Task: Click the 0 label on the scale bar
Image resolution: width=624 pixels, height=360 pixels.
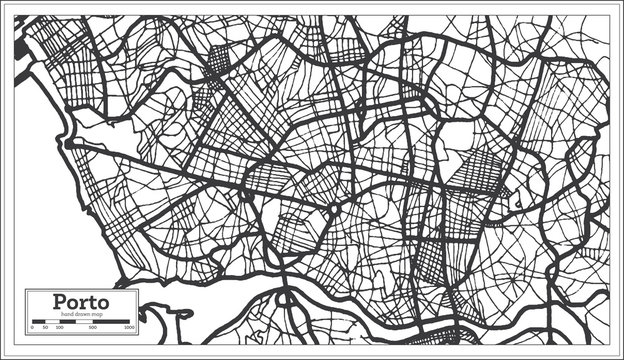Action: click(32, 328)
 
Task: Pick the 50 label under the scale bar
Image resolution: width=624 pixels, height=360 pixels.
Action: click(46, 328)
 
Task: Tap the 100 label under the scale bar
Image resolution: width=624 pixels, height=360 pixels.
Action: click(59, 328)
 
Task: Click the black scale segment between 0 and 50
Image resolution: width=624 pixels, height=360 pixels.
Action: click(39, 322)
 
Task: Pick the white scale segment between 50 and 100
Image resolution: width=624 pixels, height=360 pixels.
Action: click(52, 322)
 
